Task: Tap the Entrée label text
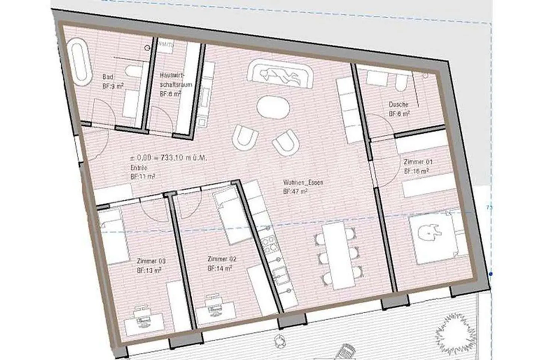(139, 167)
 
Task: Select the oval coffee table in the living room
(273, 107)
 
